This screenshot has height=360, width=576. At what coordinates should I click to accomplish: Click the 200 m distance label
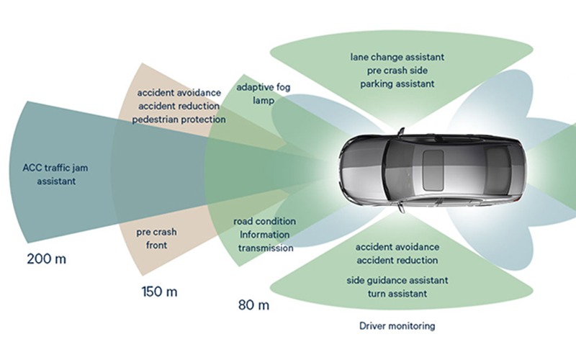point(45,258)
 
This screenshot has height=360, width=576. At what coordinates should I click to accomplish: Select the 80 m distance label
point(253,305)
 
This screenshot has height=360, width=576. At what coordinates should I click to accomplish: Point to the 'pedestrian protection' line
point(179,119)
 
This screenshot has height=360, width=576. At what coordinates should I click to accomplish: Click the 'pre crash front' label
point(156,239)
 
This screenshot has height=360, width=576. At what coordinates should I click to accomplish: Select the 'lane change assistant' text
point(397,56)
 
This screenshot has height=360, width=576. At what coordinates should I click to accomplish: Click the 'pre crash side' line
point(397,70)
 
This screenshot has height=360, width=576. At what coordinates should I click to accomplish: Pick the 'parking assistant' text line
point(397,84)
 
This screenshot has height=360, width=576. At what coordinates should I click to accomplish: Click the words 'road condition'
point(266,221)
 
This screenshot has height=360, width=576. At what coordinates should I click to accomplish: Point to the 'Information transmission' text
point(266,241)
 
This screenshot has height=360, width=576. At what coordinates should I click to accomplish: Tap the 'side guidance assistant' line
point(397,279)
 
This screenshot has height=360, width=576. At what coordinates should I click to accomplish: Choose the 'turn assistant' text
point(397,293)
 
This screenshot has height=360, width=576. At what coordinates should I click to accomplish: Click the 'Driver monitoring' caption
point(397,326)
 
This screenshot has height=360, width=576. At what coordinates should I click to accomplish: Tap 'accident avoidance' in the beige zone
point(179,93)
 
